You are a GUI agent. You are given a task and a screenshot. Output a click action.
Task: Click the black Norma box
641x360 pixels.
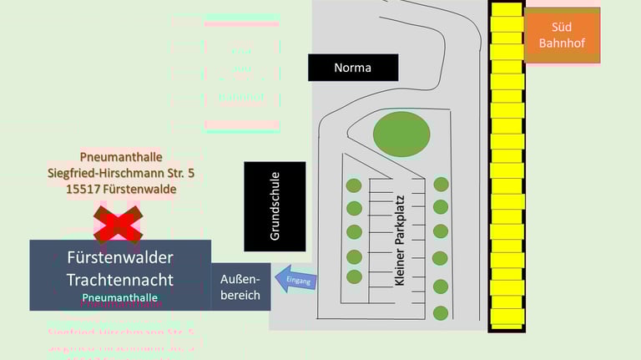(352, 68)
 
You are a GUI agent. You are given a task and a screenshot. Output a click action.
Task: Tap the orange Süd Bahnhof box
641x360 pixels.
(562, 35)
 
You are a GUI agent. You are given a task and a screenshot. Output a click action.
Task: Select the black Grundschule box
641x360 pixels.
(275, 206)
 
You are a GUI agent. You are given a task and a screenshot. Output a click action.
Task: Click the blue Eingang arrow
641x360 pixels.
(296, 281)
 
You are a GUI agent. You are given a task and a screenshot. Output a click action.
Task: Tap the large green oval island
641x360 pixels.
(401, 133)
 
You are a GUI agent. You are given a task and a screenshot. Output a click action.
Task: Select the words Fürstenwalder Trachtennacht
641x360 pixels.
(119, 268)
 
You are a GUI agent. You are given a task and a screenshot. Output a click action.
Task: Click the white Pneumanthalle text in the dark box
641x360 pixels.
(119, 297)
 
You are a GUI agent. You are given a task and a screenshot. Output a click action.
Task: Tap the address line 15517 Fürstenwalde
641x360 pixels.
(121, 189)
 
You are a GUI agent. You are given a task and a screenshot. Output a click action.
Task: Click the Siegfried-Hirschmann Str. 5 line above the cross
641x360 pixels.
(121, 173)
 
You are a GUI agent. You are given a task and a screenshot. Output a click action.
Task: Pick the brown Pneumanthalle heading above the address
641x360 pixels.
(121, 157)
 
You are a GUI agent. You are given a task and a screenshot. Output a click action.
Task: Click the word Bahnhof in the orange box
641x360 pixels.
(562, 43)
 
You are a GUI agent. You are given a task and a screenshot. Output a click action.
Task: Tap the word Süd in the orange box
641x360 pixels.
(562, 27)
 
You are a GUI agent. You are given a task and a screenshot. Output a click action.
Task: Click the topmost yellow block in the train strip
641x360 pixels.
(506, 10)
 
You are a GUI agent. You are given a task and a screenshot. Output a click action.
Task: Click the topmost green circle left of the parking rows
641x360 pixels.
(354, 185)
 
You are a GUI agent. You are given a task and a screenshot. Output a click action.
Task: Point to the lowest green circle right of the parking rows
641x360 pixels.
(441, 313)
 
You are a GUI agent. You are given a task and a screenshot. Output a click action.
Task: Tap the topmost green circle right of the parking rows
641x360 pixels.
(441, 184)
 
